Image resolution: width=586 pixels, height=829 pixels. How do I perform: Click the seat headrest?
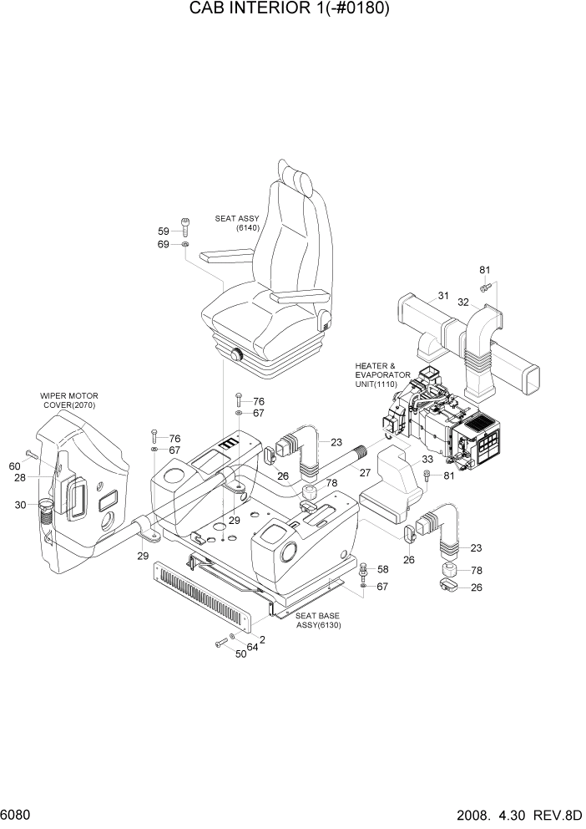[x=299, y=178]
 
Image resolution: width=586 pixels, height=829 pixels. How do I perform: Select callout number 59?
[x=164, y=231]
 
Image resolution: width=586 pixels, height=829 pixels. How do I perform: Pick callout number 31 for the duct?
[x=442, y=295]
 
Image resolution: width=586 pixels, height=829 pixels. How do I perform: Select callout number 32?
[x=462, y=303]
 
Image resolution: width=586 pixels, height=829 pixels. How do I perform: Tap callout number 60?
[x=14, y=466]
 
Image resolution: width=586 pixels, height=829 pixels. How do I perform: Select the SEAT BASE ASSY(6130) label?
[x=318, y=620]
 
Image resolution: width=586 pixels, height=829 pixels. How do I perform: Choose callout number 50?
[x=240, y=654]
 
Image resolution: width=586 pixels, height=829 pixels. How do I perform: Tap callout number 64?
[x=251, y=647]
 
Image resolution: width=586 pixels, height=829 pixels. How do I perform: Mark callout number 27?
[x=365, y=473]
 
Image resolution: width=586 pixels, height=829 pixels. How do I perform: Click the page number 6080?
[x=16, y=813]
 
